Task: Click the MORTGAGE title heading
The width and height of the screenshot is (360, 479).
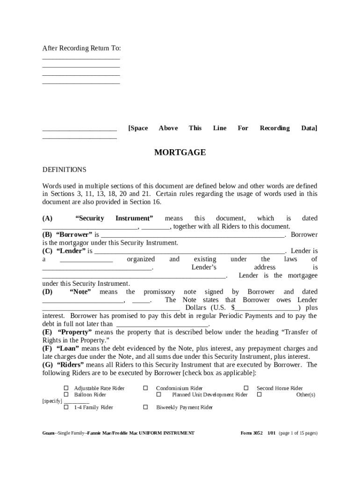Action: tap(180, 152)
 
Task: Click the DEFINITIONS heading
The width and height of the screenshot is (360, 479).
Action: tap(64, 169)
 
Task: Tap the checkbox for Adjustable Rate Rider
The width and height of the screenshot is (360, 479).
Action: tap(66, 388)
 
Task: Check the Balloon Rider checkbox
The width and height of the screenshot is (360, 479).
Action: tap(66, 395)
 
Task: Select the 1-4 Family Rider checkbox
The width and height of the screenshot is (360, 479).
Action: tap(66, 407)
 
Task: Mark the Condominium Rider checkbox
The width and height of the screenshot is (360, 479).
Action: tap(145, 388)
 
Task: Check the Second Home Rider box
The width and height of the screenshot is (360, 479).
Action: tap(246, 388)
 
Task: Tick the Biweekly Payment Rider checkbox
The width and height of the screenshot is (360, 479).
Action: tap(145, 407)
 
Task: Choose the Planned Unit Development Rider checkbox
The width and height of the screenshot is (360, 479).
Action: tap(158, 395)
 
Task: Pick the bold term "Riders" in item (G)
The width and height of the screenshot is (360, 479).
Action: tap(70, 365)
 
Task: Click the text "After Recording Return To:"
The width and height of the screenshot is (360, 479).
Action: tap(81, 48)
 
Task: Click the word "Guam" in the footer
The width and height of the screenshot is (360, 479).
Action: tap(48, 433)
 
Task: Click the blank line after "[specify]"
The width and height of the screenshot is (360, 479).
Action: tap(76, 401)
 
